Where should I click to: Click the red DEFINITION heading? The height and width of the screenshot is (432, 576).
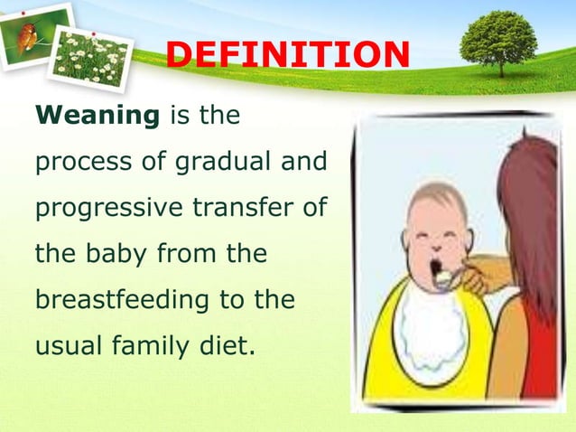[x=288, y=54]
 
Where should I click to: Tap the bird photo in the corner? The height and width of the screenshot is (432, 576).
[x=35, y=34]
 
